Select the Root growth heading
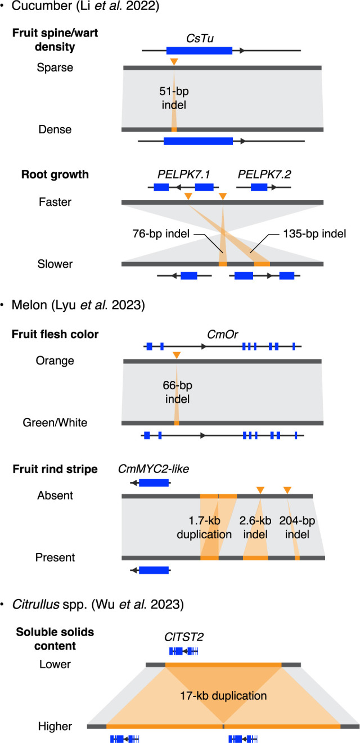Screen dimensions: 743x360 51,174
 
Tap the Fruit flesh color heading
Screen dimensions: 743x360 55,335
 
